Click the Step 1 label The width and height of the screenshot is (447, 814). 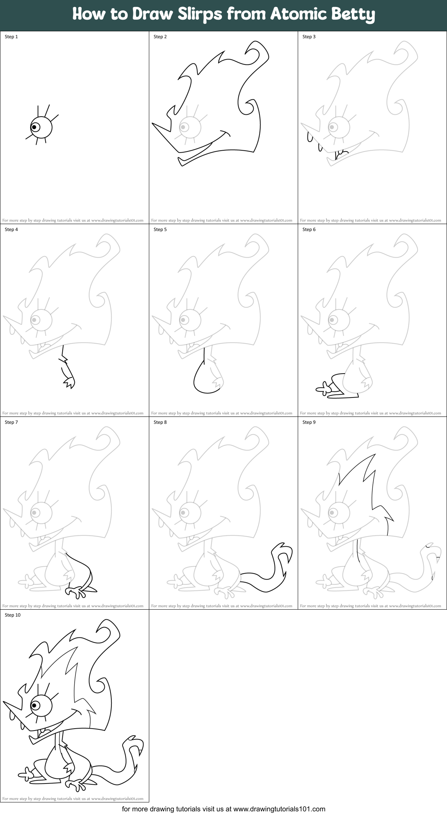[11, 37]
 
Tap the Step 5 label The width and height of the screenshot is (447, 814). [160, 229]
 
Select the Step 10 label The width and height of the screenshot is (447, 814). [12, 615]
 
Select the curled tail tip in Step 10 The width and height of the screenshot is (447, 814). [130, 740]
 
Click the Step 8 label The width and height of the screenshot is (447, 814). [160, 422]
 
